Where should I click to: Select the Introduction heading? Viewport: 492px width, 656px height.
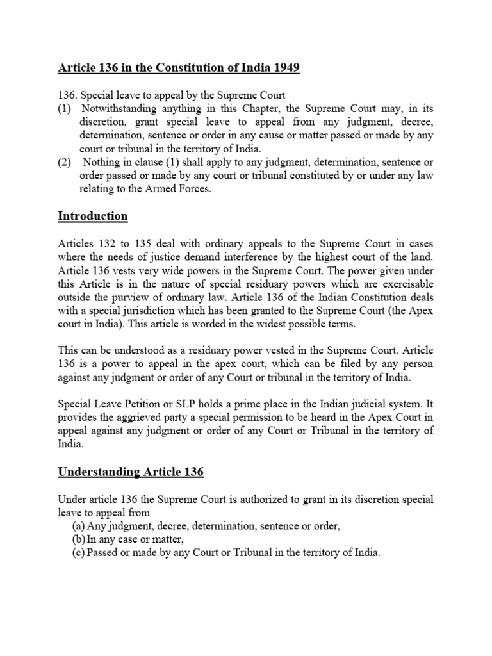93,216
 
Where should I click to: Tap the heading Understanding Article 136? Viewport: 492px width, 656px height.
131,472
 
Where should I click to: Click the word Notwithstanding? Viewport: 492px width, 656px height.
119,109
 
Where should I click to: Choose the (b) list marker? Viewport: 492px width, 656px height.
79,539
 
